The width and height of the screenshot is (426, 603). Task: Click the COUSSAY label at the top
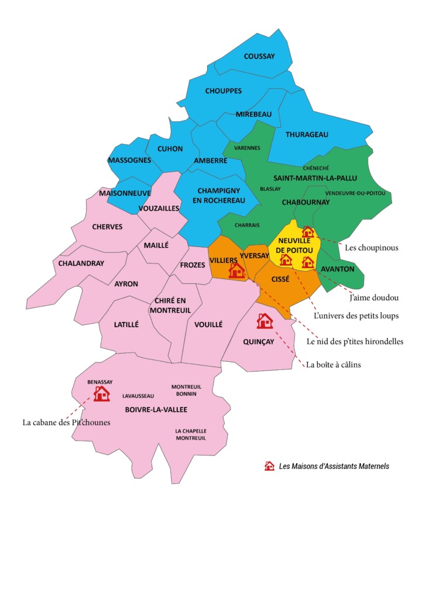tap(259, 56)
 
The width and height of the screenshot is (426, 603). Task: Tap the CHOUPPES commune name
tap(224, 91)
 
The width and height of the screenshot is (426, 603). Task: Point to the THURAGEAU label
tap(307, 134)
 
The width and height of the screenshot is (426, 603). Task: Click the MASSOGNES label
tap(129, 160)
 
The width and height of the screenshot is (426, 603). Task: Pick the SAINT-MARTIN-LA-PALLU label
tap(315, 177)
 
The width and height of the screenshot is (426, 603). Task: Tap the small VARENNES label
tap(246, 148)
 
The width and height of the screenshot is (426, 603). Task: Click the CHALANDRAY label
tap(81, 263)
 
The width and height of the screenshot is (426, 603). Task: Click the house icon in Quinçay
tap(264, 321)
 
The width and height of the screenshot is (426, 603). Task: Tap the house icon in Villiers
tap(236, 270)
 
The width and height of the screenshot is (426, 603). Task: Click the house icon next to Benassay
tap(102, 393)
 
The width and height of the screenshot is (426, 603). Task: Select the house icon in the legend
tap(269, 466)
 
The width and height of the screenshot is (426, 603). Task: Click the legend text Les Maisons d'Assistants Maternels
tap(334, 467)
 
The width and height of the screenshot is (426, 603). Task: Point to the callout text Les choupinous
tap(372, 248)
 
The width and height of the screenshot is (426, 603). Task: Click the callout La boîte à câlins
tap(333, 365)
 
